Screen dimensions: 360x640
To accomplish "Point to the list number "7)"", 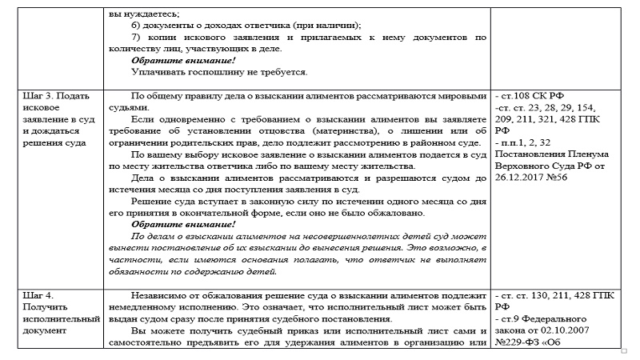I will pos(137,37).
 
